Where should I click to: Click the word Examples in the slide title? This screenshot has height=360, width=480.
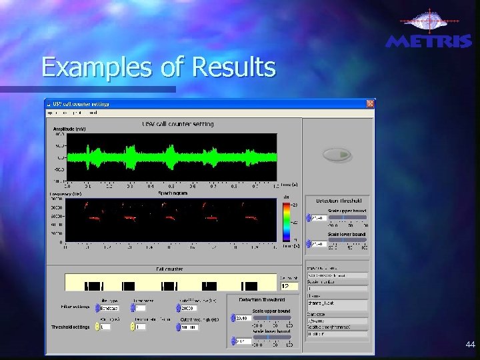point(80,67)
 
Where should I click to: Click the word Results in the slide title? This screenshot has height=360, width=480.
point(233,67)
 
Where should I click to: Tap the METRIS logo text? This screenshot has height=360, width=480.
point(429,41)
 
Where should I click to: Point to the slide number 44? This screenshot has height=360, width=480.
point(471,345)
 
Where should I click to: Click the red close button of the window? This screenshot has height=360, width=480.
point(370,104)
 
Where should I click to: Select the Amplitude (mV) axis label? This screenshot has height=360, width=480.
point(69,129)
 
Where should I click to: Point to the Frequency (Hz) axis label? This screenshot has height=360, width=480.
point(65,194)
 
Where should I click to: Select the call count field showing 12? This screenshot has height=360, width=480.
point(289,286)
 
